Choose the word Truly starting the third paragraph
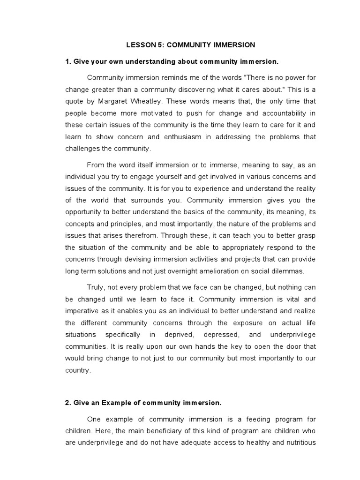(96, 287)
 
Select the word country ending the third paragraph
(76, 370)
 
